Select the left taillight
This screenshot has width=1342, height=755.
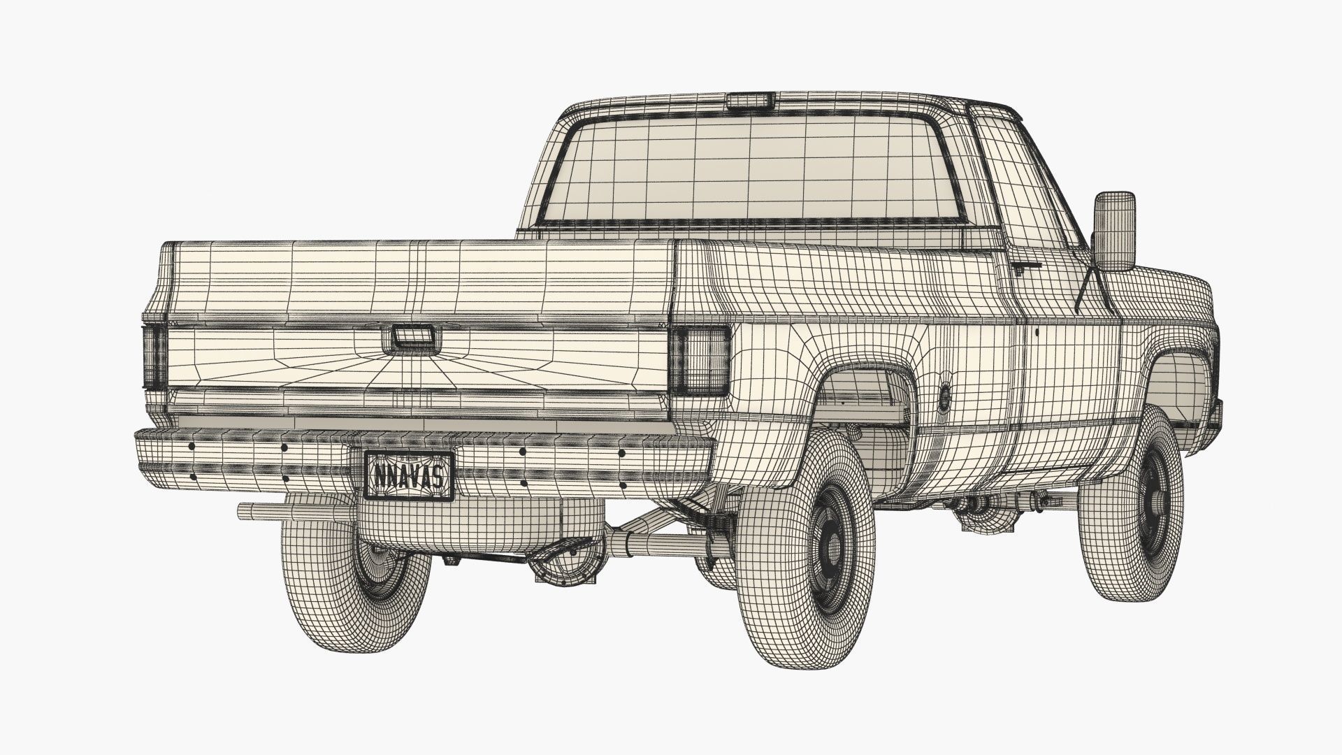click(154, 357)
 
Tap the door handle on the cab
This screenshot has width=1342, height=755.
click(1025, 266)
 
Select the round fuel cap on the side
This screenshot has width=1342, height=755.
click(945, 396)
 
